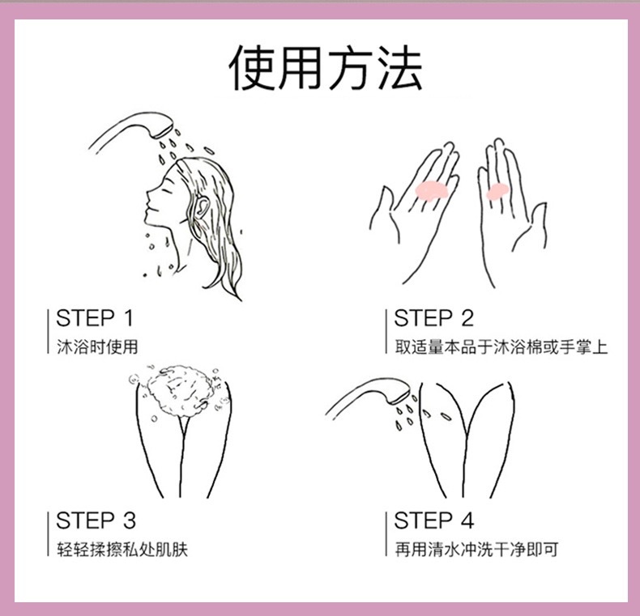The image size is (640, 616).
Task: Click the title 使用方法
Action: [326, 68]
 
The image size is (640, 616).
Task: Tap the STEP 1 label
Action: [95, 318]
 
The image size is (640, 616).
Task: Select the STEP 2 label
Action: [433, 318]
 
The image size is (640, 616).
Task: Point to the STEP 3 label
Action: [96, 520]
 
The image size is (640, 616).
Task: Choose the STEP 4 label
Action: [433, 520]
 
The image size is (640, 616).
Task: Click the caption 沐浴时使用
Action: [97, 346]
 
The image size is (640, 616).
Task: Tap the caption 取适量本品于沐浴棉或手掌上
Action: [501, 346]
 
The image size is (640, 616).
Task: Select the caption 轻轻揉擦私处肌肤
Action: [122, 549]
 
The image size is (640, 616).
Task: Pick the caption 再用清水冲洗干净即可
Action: [476, 549]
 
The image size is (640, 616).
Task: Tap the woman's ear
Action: [202, 207]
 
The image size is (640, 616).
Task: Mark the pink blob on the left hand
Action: [431, 190]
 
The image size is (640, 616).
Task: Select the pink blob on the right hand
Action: [497, 191]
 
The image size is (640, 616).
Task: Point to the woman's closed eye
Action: [166, 190]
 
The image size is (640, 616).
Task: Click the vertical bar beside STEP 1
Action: [48, 331]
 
